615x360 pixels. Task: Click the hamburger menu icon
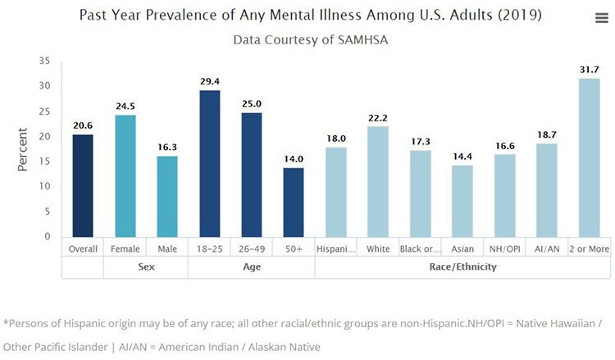coord(600,19)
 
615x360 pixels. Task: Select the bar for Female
coord(125,176)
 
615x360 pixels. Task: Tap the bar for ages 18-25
coord(209,164)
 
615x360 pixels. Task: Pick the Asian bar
coord(462,202)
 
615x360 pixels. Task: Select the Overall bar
coord(82,186)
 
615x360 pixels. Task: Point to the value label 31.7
coord(589,70)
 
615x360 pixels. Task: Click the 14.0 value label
coord(294,159)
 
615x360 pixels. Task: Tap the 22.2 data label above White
coord(377,118)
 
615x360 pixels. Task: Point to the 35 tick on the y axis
coord(44,61)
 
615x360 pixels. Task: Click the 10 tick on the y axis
coord(44,186)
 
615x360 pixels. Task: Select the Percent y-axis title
coord(23,148)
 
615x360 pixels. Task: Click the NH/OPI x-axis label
coord(503,248)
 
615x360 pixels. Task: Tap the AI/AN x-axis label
coord(546,248)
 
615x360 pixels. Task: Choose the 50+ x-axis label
coord(294,248)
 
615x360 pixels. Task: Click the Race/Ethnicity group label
coord(462,267)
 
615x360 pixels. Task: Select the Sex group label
coord(145,267)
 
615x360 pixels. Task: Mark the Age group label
coord(251,267)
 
